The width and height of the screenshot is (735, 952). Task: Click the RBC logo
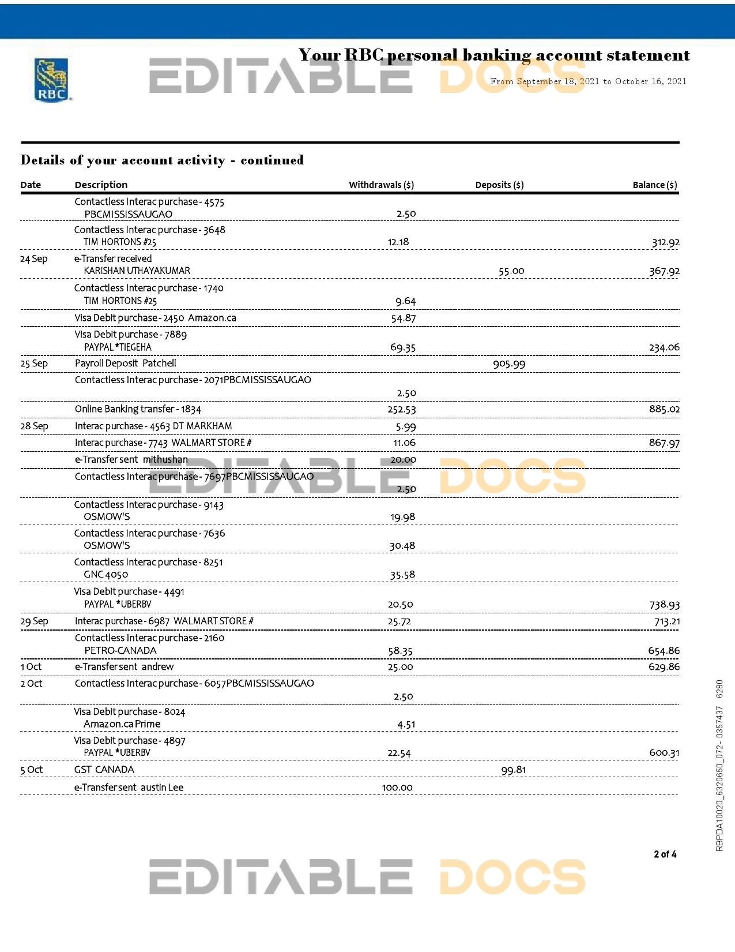tap(52, 80)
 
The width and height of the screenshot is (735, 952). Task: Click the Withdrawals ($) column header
tap(381, 185)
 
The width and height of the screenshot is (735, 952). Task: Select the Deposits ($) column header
tap(499, 185)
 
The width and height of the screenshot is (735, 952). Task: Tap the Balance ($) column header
tap(654, 185)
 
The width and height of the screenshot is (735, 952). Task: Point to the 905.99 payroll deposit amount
tap(509, 364)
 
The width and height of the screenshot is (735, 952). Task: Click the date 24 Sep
tap(33, 259)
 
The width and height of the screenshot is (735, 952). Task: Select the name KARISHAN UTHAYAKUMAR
tap(137, 271)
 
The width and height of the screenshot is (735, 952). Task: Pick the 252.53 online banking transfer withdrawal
tap(401, 410)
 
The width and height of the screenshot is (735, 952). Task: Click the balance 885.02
tap(664, 410)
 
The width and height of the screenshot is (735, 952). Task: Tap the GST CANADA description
tap(104, 770)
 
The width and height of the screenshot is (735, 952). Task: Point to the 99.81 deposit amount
tap(513, 770)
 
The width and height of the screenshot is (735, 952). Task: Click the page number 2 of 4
tap(665, 854)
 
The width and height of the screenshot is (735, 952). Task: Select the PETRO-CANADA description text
tap(120, 651)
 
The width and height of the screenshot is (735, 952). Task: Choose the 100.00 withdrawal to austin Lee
tap(397, 788)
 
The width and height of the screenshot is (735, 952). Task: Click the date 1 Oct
tap(31, 667)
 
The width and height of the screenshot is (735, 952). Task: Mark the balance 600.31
tap(664, 753)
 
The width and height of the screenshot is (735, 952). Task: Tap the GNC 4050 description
tap(105, 575)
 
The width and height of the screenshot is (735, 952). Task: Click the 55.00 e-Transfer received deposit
tap(511, 271)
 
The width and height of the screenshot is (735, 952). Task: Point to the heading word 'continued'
tap(272, 160)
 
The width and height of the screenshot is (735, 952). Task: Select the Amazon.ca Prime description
tap(122, 724)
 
